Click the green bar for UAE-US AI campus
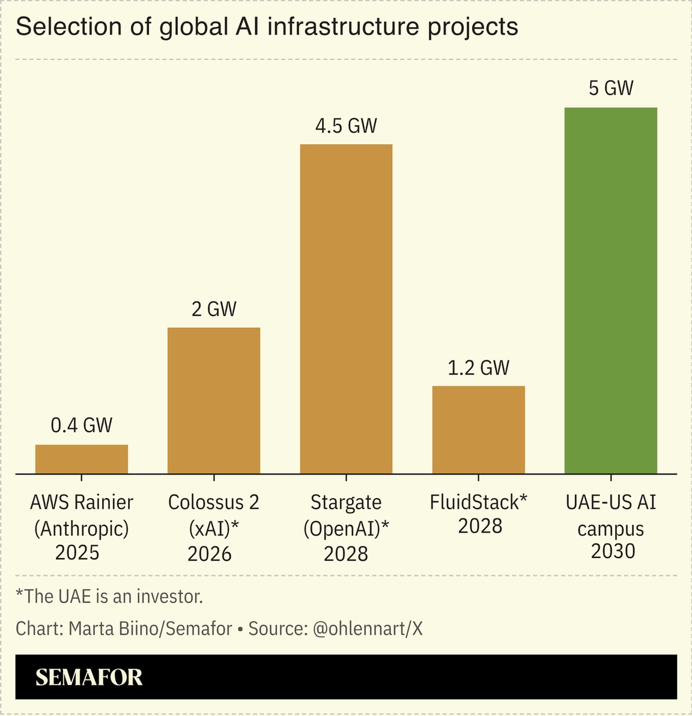click(x=610, y=290)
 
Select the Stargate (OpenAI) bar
click(x=346, y=309)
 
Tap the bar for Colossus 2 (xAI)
click(x=214, y=400)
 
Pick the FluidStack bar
click(x=478, y=429)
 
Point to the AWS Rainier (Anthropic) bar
click(x=82, y=459)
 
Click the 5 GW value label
click(x=610, y=88)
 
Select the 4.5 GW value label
click(x=346, y=126)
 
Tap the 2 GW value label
click(x=214, y=309)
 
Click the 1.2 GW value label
click(x=478, y=368)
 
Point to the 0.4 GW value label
click(x=82, y=425)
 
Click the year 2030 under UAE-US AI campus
click(x=613, y=551)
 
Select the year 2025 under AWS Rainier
click(x=77, y=553)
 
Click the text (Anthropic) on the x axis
click(x=82, y=528)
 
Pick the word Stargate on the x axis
click(x=346, y=502)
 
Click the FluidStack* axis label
click(x=478, y=502)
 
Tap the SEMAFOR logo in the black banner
click(x=89, y=678)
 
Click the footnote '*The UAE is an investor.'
click(x=109, y=596)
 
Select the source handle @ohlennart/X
click(x=368, y=628)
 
